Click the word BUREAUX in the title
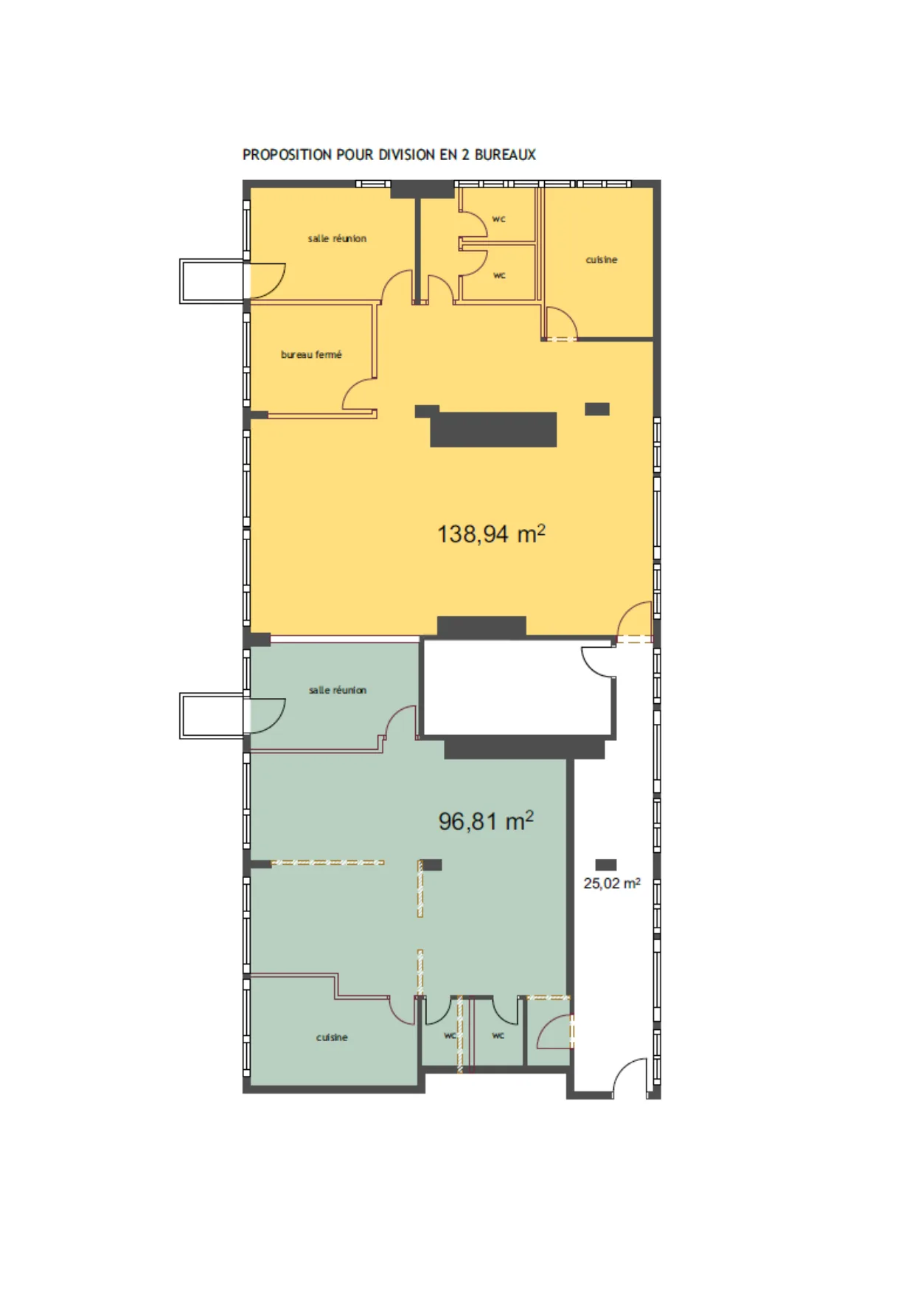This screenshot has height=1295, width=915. click(505, 155)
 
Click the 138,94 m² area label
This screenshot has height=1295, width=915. click(491, 533)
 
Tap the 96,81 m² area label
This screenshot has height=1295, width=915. click(486, 821)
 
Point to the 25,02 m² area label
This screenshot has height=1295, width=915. click(612, 883)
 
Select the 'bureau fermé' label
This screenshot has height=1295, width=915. click(311, 355)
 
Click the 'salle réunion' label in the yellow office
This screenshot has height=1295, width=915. click(337, 238)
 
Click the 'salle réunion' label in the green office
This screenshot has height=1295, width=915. click(338, 690)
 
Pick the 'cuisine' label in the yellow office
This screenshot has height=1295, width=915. click(602, 260)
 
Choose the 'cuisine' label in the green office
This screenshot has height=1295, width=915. click(332, 1037)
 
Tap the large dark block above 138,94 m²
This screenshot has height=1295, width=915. click(493, 429)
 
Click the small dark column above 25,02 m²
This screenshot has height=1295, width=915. click(605, 865)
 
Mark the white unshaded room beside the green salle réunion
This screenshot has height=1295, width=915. click(518, 688)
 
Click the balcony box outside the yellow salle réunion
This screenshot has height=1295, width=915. click(212, 281)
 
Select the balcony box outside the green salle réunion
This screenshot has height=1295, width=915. click(212, 716)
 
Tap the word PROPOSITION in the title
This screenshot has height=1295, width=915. click(287, 155)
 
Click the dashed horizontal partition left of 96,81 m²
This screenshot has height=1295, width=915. click(327, 862)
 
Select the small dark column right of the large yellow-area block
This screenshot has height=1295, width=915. click(597, 409)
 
